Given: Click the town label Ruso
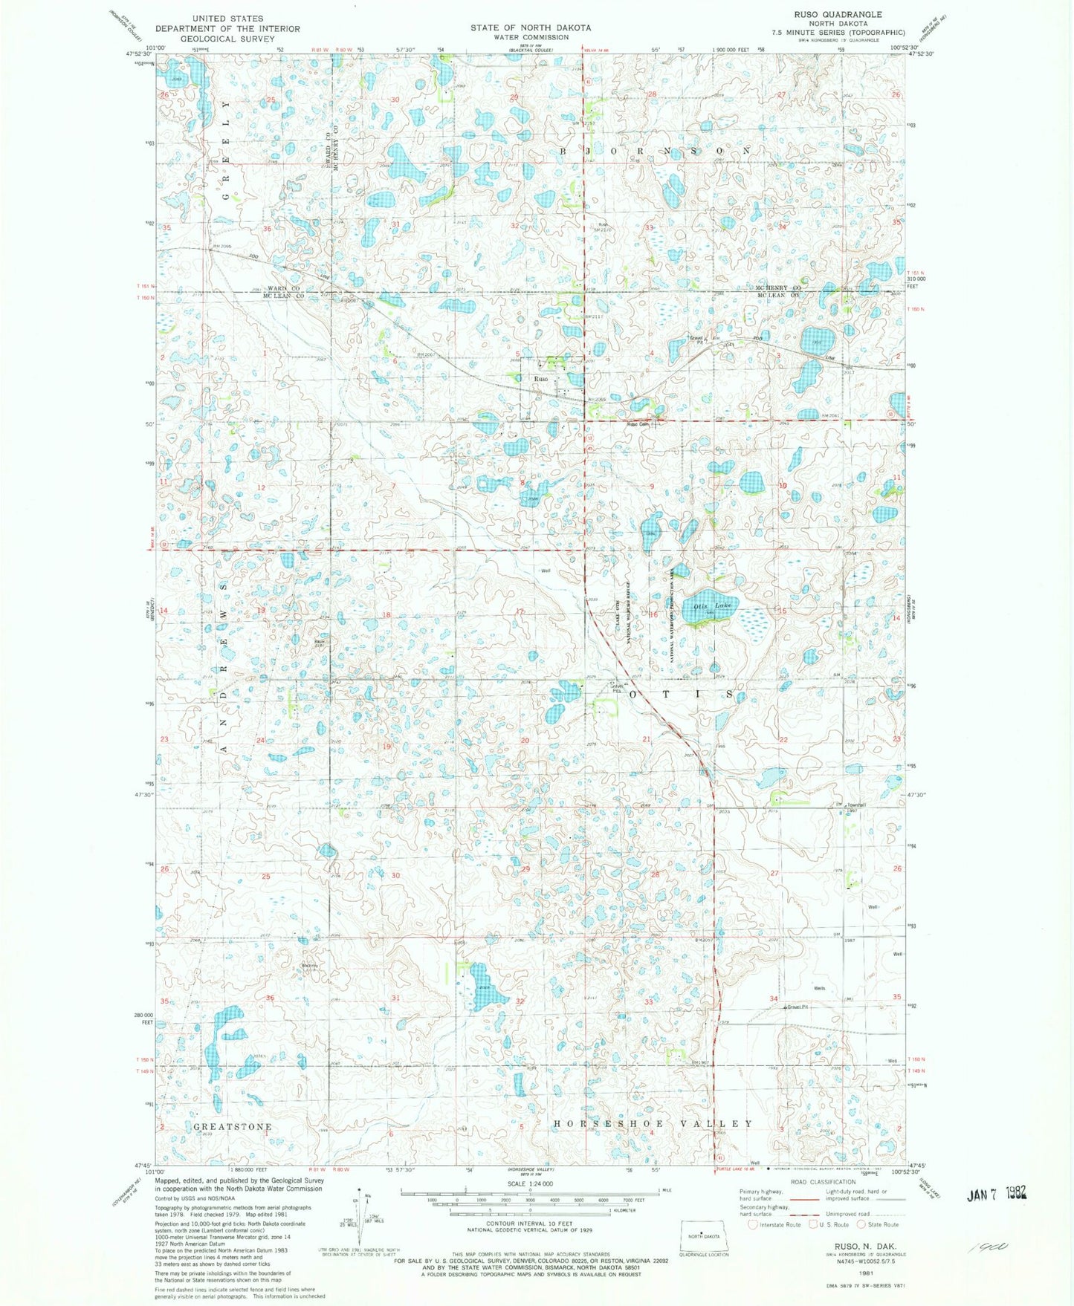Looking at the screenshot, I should pos(540,379).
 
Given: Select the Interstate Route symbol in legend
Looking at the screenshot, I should pos(754,1224).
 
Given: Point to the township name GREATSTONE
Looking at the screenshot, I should pos(232,1126).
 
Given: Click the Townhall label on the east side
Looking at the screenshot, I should pos(857,805).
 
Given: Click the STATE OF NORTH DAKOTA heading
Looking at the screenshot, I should pos(530,27).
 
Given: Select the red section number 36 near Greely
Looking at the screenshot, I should pos(267,229).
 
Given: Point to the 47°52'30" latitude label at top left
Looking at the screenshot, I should pos(138,53).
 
